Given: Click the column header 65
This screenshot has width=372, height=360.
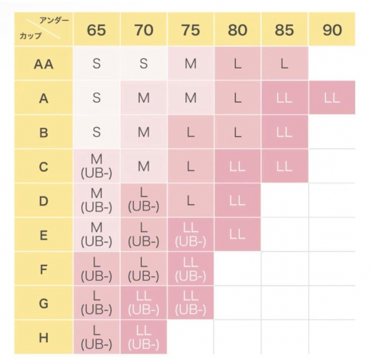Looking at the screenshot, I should click(97, 29).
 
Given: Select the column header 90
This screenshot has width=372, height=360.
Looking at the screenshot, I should click(332, 29).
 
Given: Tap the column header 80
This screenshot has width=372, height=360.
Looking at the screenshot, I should click(237, 29).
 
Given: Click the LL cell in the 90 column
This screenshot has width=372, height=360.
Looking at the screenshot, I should click(332, 98).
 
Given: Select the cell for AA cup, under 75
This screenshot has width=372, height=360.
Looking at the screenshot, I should click(190, 63).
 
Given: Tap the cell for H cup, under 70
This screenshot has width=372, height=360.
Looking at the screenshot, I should click(144, 337).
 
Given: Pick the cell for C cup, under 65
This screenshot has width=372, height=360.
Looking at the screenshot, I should click(97, 167).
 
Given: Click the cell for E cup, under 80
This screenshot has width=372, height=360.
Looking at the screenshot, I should click(237, 235).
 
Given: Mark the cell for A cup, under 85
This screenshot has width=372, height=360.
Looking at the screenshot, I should click(284, 98).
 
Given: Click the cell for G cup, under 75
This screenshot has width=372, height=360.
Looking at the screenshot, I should click(190, 303).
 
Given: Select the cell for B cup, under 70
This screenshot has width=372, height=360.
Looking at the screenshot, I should click(144, 132).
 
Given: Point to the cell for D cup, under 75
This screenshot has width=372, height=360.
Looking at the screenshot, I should click(190, 201).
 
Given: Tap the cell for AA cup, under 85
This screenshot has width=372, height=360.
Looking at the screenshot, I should click(284, 63).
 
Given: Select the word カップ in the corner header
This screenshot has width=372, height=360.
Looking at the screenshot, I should click(30, 36).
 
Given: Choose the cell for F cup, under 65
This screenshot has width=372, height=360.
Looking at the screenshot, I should click(97, 269).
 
